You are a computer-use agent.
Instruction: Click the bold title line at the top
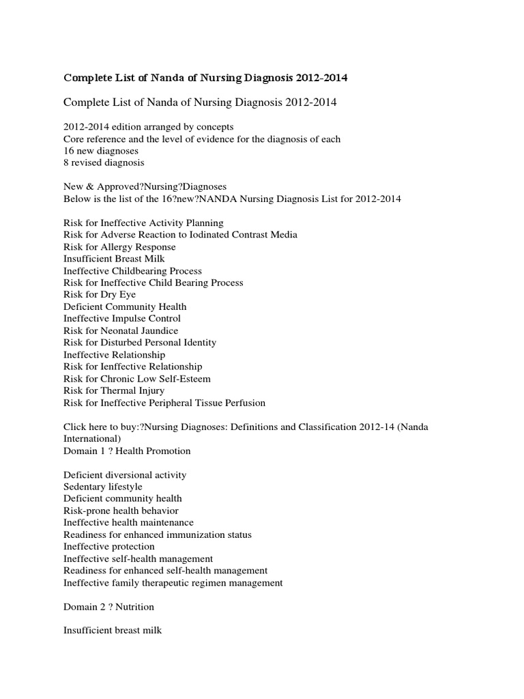click(205, 78)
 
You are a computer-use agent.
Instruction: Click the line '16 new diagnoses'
click(100, 151)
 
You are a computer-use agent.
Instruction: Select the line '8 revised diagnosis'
click(103, 162)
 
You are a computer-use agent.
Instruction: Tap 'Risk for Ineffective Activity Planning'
click(143, 223)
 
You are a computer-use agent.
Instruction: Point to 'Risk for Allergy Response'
click(119, 246)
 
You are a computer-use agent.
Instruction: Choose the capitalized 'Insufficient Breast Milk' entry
click(114, 259)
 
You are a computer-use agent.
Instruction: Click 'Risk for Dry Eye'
click(100, 294)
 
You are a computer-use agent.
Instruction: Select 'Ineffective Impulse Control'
click(122, 318)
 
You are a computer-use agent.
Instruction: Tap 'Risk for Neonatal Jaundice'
click(121, 330)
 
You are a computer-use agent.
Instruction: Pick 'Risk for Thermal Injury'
click(114, 390)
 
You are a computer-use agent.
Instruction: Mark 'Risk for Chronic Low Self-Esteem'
click(137, 378)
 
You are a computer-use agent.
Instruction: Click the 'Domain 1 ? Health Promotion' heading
click(127, 451)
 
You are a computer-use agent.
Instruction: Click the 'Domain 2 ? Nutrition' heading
click(108, 606)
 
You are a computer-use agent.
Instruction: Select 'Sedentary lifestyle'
click(103, 487)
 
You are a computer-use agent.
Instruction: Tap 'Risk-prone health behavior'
click(121, 511)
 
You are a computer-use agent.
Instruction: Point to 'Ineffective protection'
click(109, 546)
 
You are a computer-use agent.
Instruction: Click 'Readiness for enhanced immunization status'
click(158, 534)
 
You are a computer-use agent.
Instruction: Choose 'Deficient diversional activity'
click(125, 474)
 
